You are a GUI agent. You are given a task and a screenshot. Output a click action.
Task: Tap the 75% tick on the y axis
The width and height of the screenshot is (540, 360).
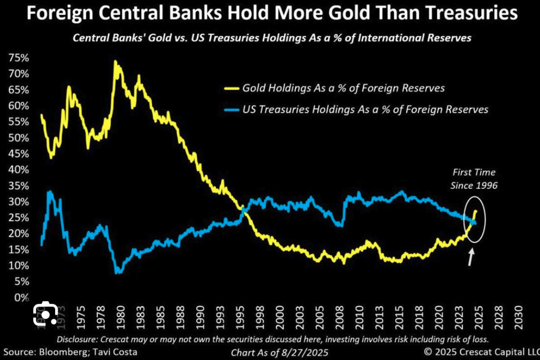pos(17,58)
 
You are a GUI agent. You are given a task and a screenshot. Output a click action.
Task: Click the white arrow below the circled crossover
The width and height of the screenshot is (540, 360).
pos(470,257)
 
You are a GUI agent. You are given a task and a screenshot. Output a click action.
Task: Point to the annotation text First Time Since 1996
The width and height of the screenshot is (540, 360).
pos(474,179)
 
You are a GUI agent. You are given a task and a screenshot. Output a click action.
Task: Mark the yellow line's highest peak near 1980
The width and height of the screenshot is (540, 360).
pos(115,62)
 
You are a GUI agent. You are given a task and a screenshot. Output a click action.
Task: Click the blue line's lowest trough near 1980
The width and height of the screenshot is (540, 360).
pos(117,273)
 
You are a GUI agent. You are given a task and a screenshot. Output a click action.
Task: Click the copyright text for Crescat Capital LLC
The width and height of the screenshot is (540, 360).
pos(481,352)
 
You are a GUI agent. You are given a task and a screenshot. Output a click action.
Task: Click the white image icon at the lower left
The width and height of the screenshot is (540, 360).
pos(46,314)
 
